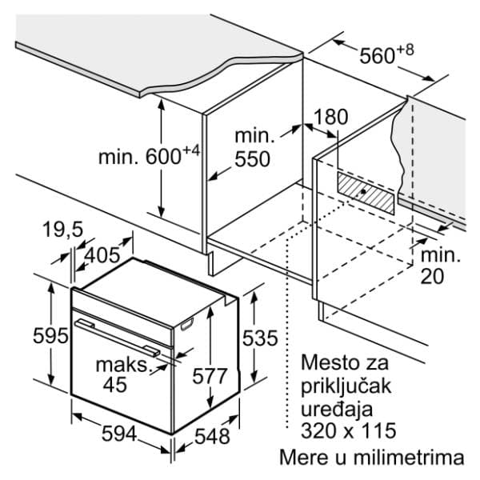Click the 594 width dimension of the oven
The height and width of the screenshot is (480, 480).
click(x=118, y=434)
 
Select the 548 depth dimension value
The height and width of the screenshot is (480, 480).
click(x=212, y=436)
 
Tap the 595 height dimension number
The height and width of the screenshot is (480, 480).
click(x=50, y=335)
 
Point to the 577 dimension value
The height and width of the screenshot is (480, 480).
click(x=210, y=376)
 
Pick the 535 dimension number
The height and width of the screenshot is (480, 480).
click(x=260, y=338)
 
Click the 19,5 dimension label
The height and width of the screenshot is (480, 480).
click(x=62, y=230)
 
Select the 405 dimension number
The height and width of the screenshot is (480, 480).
click(x=102, y=255)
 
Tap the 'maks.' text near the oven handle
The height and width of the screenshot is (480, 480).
click(x=122, y=365)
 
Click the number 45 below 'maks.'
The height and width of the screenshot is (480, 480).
click(x=114, y=385)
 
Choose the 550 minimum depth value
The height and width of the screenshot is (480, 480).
click(x=252, y=159)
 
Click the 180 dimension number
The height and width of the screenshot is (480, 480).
click(x=331, y=117)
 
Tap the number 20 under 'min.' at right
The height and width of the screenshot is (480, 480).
click(x=432, y=277)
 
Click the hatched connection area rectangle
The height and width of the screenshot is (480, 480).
click(x=366, y=193)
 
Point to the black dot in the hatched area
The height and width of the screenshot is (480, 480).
click(x=363, y=192)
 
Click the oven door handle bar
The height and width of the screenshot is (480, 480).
click(x=118, y=338)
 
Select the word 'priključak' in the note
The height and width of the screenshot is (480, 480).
click(x=346, y=387)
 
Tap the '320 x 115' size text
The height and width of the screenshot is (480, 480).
click(x=348, y=430)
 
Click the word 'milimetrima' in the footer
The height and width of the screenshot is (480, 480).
click(x=409, y=458)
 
